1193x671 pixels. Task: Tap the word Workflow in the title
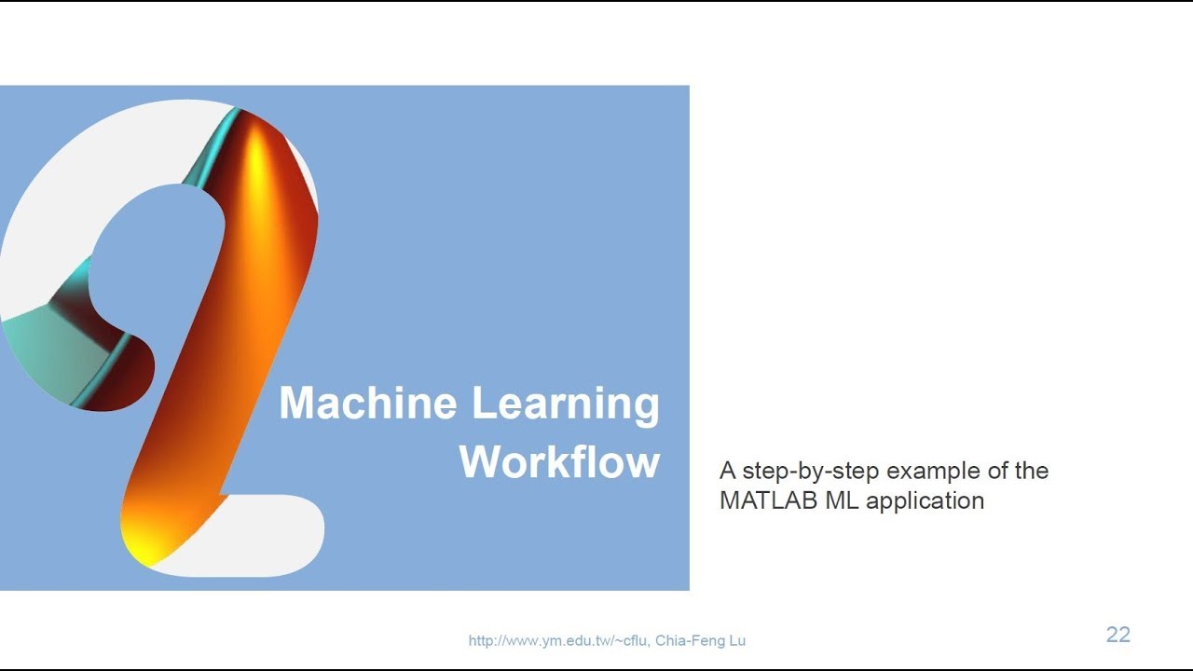559,462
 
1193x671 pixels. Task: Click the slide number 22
1118,635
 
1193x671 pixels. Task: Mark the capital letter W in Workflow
482,462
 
